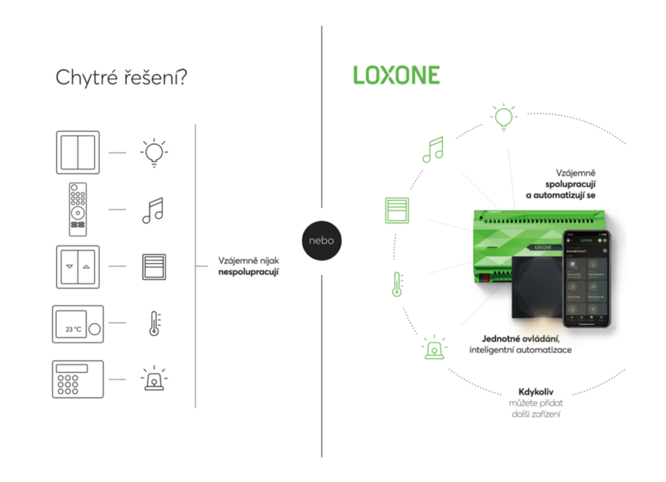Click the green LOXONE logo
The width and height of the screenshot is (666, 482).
[x=396, y=75]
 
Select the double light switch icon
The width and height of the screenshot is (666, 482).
[x=77, y=152]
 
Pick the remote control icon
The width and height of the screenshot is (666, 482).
[x=78, y=209]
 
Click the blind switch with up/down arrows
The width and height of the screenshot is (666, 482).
[x=77, y=266]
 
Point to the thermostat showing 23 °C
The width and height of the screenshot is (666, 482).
[x=77, y=323]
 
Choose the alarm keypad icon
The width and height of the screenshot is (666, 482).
[x=77, y=379]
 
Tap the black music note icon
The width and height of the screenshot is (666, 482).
[x=153, y=210]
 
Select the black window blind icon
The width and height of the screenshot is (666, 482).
[x=154, y=266]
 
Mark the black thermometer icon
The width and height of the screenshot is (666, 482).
[x=154, y=323]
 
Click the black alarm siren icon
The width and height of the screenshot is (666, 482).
[x=154, y=379]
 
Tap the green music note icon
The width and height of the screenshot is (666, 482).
[x=433, y=149]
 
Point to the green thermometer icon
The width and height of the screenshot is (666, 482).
[x=397, y=284]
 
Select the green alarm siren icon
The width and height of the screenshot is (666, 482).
[x=434, y=348]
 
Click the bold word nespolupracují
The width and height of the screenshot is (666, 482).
[x=248, y=272]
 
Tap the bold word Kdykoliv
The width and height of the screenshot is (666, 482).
[x=535, y=392]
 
